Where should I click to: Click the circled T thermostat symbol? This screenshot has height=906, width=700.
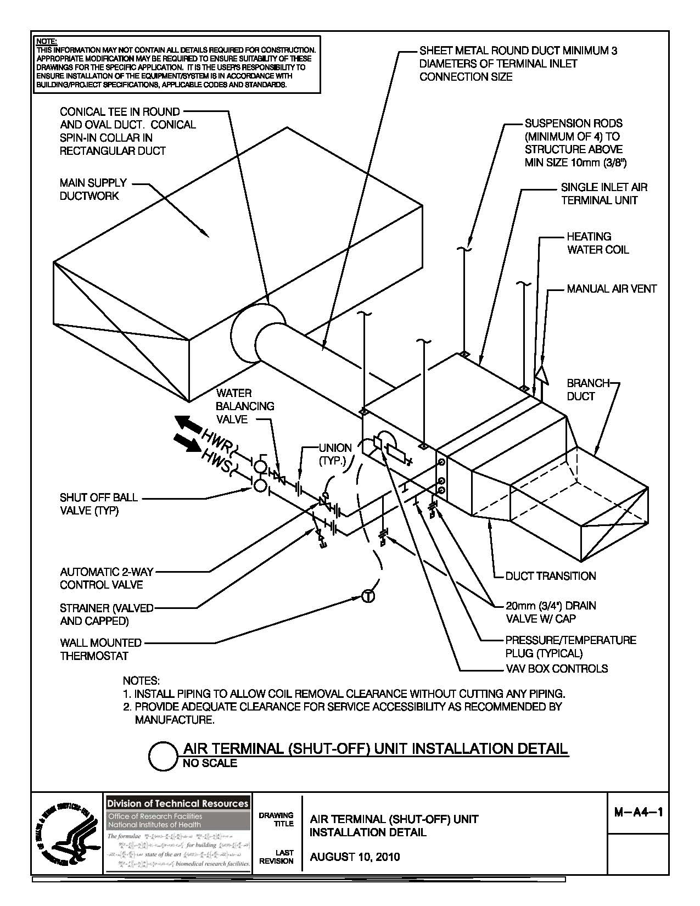368,596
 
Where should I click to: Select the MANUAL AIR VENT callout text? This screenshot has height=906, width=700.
612,289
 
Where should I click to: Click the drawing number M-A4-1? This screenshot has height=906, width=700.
637,812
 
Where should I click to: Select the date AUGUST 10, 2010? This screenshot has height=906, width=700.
355,857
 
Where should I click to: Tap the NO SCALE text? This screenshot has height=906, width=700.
210,763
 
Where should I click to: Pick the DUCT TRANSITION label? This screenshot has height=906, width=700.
551,576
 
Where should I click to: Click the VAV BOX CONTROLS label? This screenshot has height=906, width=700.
556,669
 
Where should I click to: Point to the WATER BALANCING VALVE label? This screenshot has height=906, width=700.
245,406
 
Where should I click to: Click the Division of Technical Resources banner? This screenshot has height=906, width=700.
177,803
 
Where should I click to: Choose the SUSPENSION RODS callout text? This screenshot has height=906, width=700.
573,143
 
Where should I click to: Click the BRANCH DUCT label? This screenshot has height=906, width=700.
587,389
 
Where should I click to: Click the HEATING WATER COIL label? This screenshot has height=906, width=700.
597,243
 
